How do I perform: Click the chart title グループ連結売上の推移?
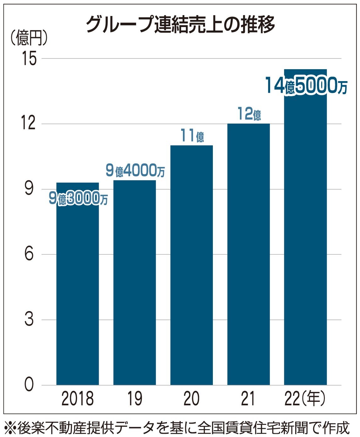pos(180,24)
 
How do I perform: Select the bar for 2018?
pos(77,289)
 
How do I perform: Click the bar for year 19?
pos(135,283)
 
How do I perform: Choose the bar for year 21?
pos(248,255)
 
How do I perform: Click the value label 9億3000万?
pos(78,199)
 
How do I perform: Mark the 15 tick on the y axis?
pos(29,59)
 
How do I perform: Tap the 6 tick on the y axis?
pos(29,254)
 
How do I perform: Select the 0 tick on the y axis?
pos(29,385)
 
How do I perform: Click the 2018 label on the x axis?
pos(77,399)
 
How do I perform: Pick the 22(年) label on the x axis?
pos(305,399)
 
